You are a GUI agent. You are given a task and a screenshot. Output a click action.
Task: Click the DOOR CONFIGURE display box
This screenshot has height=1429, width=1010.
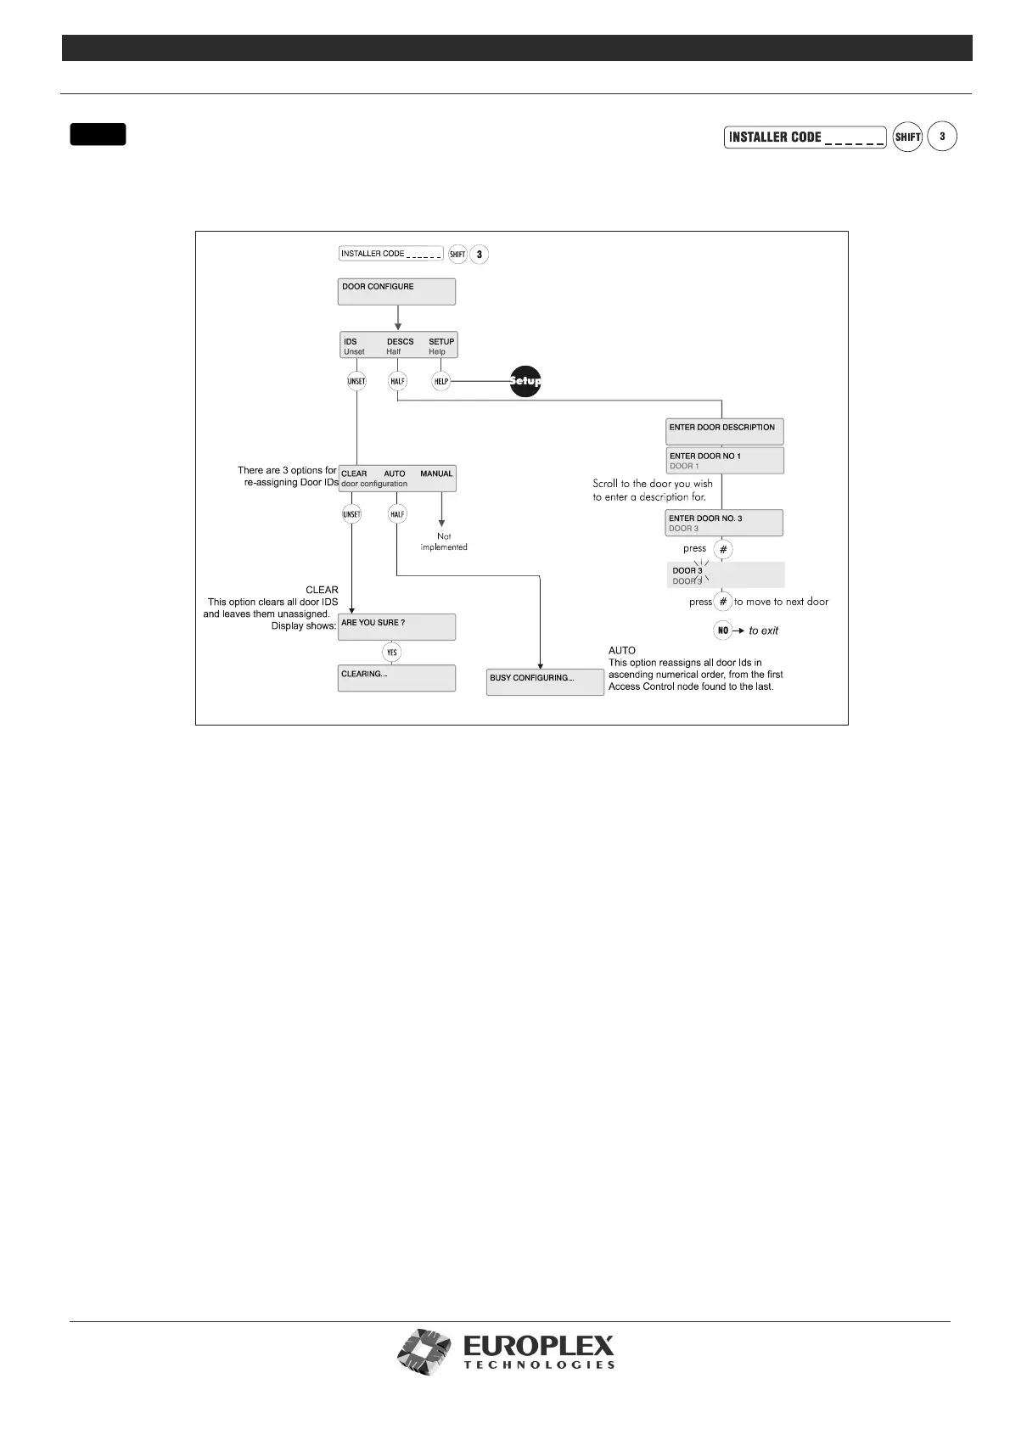coord(396,291)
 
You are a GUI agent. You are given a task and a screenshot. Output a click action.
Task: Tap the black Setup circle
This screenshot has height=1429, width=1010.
coord(525,381)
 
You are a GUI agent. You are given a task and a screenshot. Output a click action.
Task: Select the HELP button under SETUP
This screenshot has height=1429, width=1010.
coord(440,382)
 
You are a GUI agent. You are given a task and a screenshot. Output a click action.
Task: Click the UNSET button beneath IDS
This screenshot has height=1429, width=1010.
coord(356,382)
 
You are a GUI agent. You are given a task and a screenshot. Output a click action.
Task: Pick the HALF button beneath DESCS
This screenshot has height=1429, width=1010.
coord(397,382)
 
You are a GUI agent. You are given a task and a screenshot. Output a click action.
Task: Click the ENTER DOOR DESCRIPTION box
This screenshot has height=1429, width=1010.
coord(724,431)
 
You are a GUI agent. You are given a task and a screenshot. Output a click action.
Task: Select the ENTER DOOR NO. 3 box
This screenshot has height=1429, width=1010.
coord(724,523)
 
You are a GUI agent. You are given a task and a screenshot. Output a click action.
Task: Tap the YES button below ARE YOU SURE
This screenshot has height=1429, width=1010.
coord(391,653)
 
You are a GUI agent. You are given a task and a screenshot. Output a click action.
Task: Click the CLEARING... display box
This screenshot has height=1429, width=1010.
coord(396,678)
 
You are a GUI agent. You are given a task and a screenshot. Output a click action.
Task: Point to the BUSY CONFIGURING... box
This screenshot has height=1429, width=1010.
coord(545,682)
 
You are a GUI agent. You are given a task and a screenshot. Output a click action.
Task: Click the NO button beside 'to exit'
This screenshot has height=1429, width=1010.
coord(723,630)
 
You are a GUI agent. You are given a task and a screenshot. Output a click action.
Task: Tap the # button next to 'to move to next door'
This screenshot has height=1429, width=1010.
coord(723,602)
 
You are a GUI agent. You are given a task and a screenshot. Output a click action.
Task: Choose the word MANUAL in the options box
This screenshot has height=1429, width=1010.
coord(436,474)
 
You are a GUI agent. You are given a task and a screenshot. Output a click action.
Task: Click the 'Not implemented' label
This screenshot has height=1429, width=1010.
coord(444,541)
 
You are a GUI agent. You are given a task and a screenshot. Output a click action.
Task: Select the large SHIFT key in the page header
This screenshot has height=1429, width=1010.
coord(907,137)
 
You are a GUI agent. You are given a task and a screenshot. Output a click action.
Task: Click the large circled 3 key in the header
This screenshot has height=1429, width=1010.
coord(942,137)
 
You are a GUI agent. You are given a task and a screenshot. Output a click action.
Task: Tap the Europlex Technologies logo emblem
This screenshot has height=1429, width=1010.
coord(426,1351)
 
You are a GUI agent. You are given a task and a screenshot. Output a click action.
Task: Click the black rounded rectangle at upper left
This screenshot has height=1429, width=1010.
coord(98,134)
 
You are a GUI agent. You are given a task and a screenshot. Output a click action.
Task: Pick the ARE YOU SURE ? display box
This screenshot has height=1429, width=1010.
coord(396,627)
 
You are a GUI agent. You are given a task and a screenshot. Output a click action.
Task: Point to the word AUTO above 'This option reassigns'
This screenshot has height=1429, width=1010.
coord(622,650)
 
